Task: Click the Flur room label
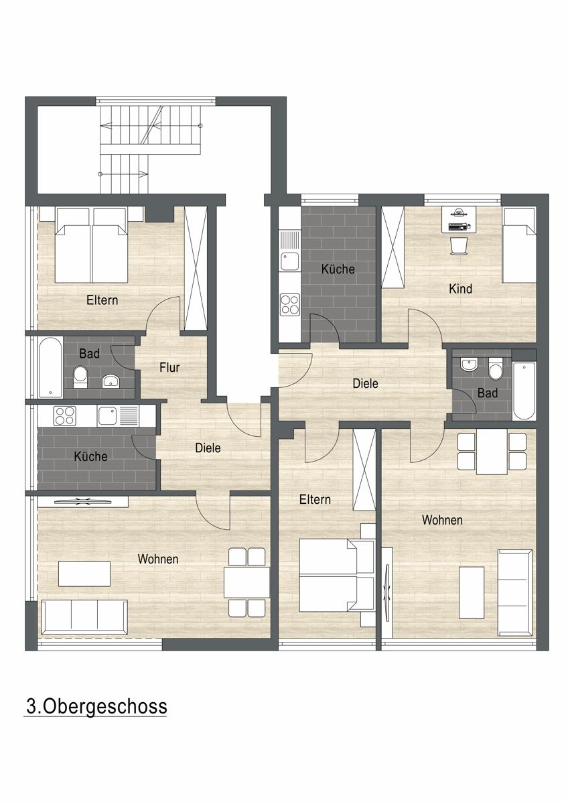169,368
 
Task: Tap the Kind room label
460,289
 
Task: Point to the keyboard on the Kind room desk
457,226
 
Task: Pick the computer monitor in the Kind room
459,213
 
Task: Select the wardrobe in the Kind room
393,247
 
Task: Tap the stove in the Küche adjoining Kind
289,305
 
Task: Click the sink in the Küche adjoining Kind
289,251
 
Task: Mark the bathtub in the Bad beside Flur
50,367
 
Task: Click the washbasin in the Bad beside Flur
111,381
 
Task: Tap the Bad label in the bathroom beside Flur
89,354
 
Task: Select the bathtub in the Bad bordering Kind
524,391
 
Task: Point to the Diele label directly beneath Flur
208,448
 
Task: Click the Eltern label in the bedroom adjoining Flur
102,300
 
